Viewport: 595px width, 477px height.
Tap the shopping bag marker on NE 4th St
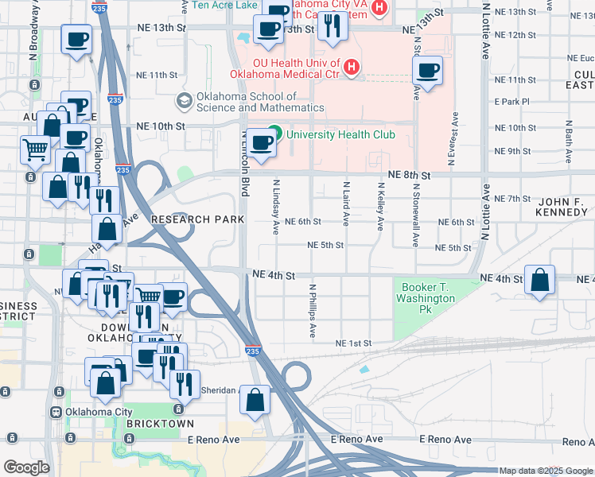pos(540,281)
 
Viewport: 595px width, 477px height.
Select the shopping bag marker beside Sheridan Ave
pos(255,401)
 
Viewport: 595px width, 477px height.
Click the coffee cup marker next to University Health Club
pos(262,144)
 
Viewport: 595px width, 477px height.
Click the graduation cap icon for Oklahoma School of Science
pos(184,101)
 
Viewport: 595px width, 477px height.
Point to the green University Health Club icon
pos(276,134)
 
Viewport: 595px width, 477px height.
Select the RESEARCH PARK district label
pos(192,219)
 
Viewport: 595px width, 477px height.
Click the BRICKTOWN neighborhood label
pos(154,424)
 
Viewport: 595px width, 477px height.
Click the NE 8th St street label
pos(409,175)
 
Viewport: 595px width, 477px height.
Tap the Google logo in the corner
pos(26,467)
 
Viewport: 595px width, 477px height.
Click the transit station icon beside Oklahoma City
pos(56,412)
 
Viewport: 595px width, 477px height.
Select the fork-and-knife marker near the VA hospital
pos(331,28)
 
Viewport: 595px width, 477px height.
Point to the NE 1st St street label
pos(354,343)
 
